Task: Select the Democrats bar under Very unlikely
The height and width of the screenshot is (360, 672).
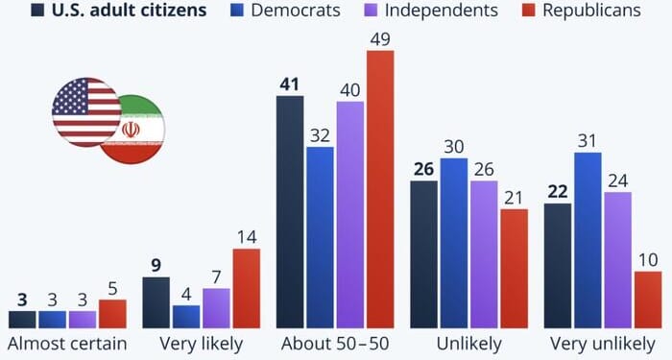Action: [x=588, y=240]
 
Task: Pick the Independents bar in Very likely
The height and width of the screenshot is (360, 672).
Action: [x=216, y=308]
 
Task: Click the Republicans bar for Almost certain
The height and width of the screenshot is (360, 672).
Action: [x=112, y=314]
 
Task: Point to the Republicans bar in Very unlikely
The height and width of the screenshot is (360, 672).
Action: [x=648, y=300]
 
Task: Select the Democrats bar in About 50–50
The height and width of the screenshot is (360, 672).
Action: [x=321, y=237]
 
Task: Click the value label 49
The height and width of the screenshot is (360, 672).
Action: [x=380, y=38]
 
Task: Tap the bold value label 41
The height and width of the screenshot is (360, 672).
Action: [x=290, y=84]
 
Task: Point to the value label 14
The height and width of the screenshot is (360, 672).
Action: [x=246, y=236]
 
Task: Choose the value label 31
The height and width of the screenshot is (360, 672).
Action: [x=588, y=140]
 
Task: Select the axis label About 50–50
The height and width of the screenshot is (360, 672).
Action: [x=335, y=344]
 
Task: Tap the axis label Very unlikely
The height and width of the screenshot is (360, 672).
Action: [x=603, y=344]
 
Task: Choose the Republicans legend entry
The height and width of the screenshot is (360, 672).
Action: [x=585, y=12]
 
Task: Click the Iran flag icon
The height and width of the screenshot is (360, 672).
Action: [x=132, y=129]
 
